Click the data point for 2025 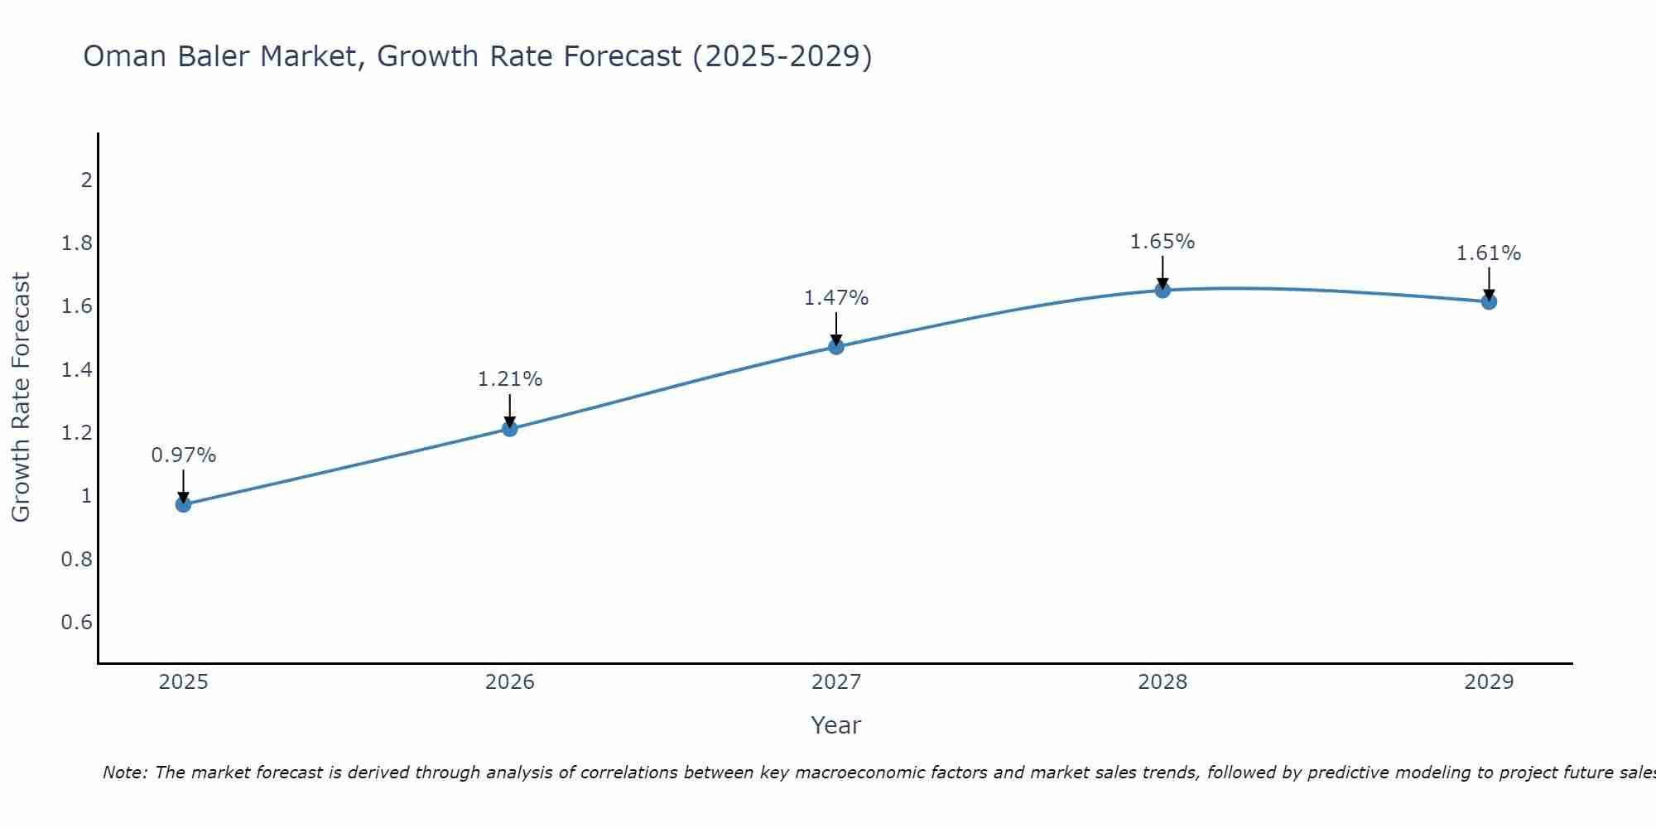pyautogui.click(x=183, y=504)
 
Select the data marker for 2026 pyautogui.click(x=510, y=428)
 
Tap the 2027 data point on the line pyautogui.click(x=836, y=346)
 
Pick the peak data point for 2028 pyautogui.click(x=1163, y=290)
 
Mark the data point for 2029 pyautogui.click(x=1489, y=301)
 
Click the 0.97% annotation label pyautogui.click(x=183, y=455)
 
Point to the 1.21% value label pyautogui.click(x=510, y=379)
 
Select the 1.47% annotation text pyautogui.click(x=836, y=298)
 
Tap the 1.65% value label pyautogui.click(x=1163, y=242)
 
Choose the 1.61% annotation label pyautogui.click(x=1489, y=253)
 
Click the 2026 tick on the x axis pyautogui.click(x=510, y=682)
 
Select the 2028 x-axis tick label pyautogui.click(x=1163, y=682)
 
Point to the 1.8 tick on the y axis pyautogui.click(x=77, y=243)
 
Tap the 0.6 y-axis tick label pyautogui.click(x=77, y=623)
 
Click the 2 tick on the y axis pyautogui.click(x=86, y=180)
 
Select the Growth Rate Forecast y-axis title pyautogui.click(x=21, y=397)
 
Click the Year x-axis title pyautogui.click(x=836, y=725)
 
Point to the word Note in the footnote pyautogui.click(x=124, y=773)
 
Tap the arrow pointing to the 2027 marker pyautogui.click(x=836, y=329)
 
